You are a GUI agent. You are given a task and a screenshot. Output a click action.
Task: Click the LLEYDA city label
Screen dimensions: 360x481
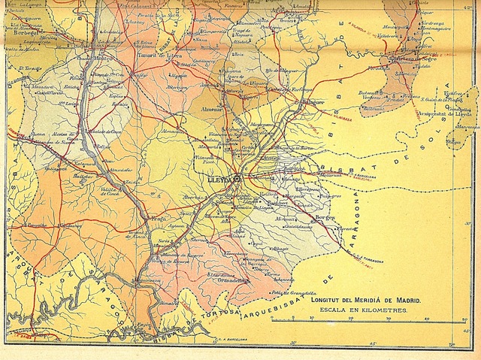pyautogui.click(x=219, y=179)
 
